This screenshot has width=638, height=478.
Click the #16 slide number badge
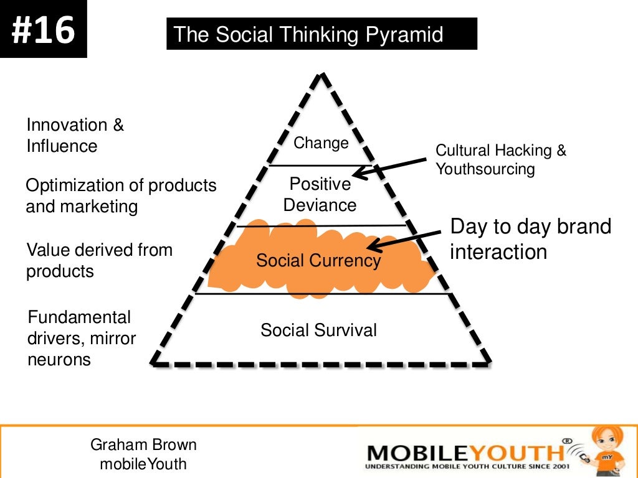pos(43,29)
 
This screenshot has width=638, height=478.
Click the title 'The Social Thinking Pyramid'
pos(309,34)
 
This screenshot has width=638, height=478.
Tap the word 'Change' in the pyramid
pos(321,143)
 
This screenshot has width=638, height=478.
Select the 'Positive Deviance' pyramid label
pos(320,195)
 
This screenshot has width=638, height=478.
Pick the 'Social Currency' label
pos(318,261)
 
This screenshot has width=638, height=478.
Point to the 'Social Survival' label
pos(318,330)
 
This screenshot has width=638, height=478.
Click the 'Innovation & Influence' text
pos(75,136)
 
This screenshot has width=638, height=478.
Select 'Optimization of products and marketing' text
pos(121,196)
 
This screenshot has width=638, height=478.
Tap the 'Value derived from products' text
pos(99,261)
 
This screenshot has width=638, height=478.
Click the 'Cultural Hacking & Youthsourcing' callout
pos(500,160)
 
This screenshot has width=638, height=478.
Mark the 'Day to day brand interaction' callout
pos(530,239)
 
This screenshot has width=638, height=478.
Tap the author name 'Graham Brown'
pos(143,445)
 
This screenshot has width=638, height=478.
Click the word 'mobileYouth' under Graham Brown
pos(143,464)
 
